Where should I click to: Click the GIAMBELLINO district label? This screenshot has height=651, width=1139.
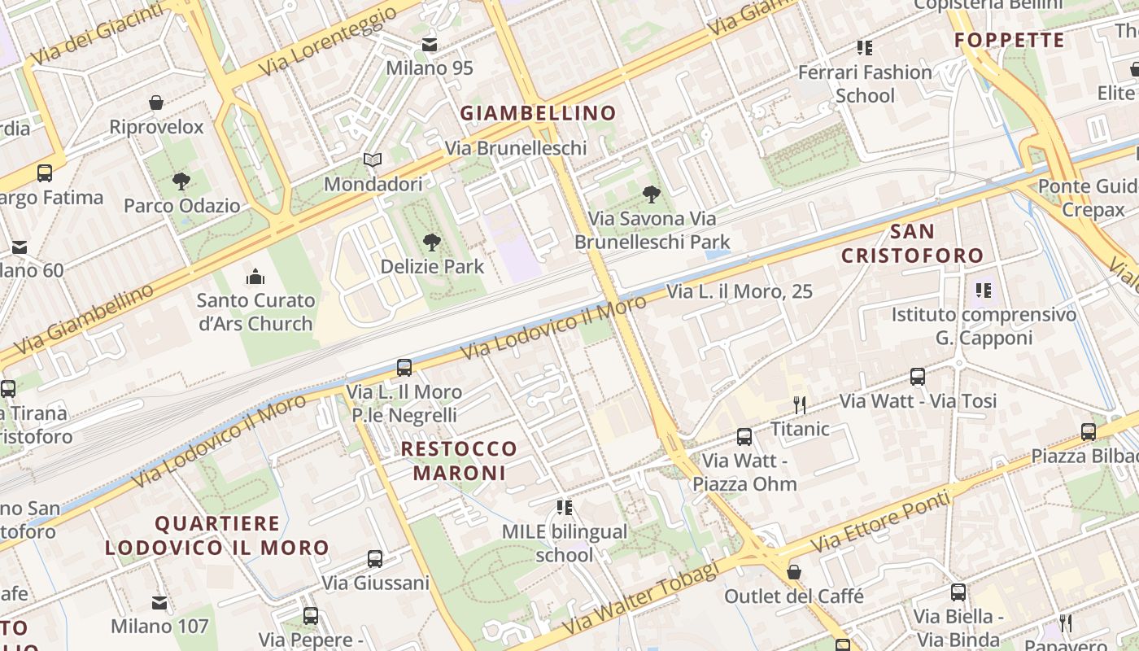538,113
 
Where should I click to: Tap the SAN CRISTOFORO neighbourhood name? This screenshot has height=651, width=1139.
912,243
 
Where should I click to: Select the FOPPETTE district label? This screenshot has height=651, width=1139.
1009,40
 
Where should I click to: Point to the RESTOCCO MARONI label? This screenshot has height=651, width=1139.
459,461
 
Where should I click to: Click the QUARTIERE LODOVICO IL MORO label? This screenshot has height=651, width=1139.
217,535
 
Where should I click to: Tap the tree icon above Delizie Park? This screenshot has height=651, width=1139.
432,242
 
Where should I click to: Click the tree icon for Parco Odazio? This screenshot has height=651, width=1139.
181,181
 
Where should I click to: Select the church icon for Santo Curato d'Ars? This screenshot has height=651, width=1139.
255,277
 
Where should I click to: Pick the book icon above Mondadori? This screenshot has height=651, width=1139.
373,160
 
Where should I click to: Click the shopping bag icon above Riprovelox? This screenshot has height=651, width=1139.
156,103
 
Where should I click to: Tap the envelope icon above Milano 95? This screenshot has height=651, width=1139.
429,44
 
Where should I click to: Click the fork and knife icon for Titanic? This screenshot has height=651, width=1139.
800,404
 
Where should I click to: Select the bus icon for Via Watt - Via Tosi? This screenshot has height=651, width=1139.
918,377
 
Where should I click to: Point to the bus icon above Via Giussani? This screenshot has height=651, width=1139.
374,559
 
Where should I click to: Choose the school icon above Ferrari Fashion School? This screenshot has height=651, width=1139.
864,48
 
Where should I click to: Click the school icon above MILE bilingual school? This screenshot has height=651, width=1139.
564,508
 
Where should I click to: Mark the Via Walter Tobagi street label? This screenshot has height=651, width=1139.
640,599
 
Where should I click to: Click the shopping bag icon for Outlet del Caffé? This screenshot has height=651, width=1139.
794,572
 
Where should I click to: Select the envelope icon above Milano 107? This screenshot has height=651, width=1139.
159,603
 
